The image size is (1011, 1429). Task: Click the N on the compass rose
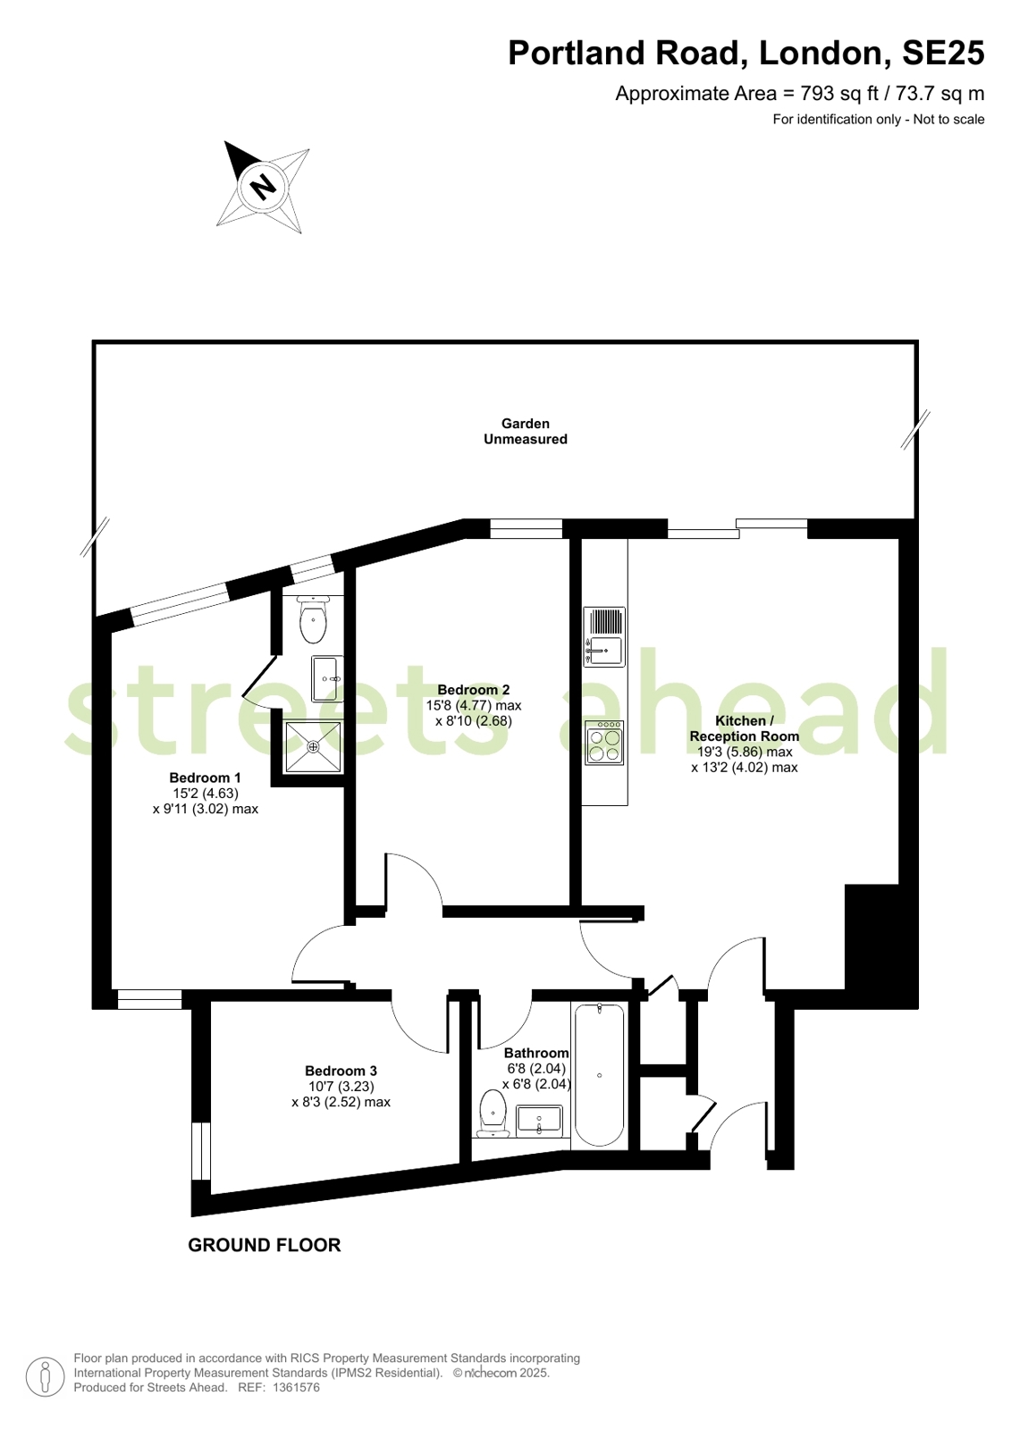pos(262,188)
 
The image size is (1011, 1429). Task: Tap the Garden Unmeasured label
pos(526,432)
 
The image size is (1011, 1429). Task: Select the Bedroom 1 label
pos(205,778)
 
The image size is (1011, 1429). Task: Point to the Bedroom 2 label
pos(474,690)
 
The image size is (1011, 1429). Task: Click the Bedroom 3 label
pos(341,1071)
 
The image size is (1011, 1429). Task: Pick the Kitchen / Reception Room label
pos(745,727)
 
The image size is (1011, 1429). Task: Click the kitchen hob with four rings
pos(603,743)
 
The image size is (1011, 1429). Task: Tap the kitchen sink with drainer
pos(603,637)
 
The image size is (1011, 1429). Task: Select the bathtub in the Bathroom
pos(599,1075)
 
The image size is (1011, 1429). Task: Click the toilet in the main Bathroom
pos(493,1114)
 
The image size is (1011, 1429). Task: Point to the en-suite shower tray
pos(313,745)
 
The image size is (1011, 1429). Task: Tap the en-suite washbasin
pos(327,679)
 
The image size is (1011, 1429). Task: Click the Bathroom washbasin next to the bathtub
pos(539,1122)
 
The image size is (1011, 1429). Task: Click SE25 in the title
pos(943,53)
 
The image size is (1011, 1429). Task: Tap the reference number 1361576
pos(296,1387)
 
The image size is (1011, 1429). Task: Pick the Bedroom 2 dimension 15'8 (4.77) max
pos(474,706)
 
